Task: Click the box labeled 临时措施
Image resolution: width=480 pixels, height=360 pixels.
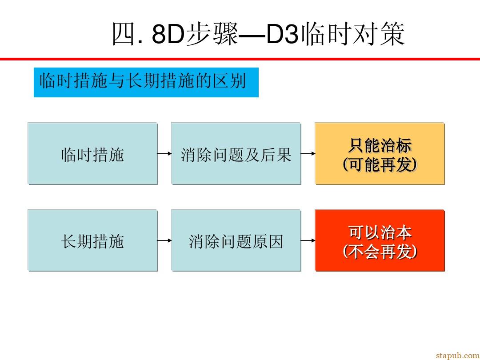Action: tap(92, 153)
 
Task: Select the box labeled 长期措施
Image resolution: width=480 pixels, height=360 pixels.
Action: tap(92, 240)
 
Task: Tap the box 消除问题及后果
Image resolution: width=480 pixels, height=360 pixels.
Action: tap(236, 153)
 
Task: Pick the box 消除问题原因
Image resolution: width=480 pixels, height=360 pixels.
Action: tap(236, 240)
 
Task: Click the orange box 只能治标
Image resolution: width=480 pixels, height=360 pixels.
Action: tap(380, 153)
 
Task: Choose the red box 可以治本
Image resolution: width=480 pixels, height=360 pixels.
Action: tap(380, 240)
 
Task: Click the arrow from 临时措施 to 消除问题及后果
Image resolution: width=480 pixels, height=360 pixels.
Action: tap(164, 153)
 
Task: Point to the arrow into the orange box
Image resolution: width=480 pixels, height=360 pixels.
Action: tap(308, 153)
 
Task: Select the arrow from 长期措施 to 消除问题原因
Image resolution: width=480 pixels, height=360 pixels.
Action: tap(164, 240)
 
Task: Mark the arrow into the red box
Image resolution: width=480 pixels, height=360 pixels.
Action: tap(308, 240)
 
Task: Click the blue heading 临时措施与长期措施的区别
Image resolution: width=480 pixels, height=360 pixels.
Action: tap(146, 82)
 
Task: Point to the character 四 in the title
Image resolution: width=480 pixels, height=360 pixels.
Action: tap(124, 34)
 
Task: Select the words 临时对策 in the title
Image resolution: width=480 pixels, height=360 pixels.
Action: tap(353, 34)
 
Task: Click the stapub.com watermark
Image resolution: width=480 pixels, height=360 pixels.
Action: tap(458, 355)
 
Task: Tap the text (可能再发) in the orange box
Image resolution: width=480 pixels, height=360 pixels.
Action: tap(380, 165)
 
